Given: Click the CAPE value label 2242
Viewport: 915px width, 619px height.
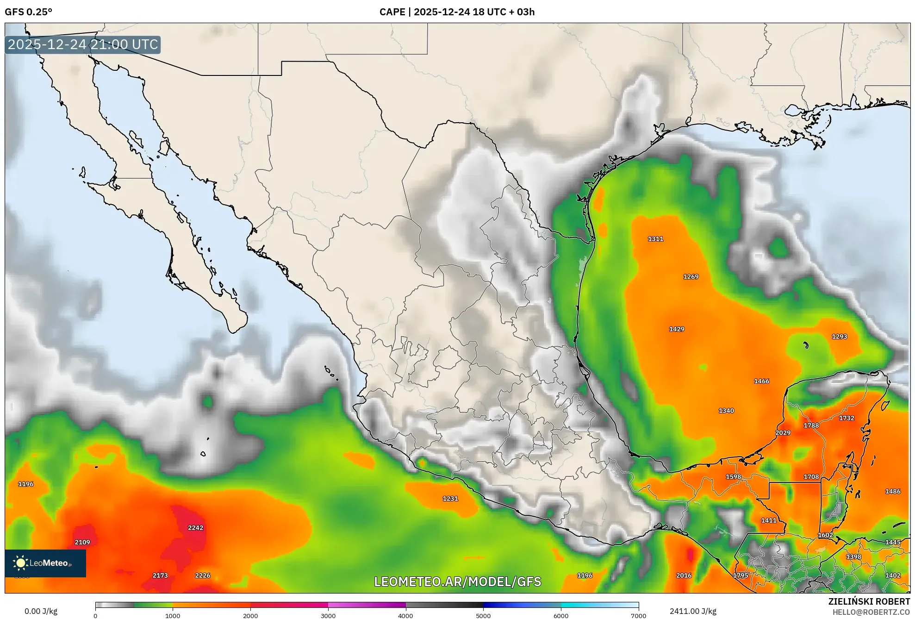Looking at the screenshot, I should (x=195, y=528).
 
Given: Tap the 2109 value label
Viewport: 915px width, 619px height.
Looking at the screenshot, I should (x=82, y=542).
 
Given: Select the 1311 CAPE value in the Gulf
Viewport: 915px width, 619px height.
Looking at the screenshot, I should (x=655, y=239).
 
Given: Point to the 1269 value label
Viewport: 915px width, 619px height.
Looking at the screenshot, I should (x=691, y=277).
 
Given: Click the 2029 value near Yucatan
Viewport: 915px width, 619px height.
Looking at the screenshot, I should (x=783, y=433).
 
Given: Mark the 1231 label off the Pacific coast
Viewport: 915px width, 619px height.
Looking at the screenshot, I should (x=450, y=499).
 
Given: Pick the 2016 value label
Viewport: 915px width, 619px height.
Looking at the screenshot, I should (x=684, y=575).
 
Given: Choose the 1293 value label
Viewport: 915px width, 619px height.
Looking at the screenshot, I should (x=839, y=337).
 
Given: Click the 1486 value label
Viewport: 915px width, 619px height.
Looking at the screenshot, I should (x=892, y=491).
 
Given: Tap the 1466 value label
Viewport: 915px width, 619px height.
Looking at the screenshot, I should (x=761, y=381).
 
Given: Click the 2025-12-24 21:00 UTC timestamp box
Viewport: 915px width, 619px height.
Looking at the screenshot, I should (x=83, y=44).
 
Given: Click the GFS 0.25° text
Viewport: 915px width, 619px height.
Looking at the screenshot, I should (x=28, y=12).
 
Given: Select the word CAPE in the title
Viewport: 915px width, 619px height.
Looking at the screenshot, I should (x=392, y=12).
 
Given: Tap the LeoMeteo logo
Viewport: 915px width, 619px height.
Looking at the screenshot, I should (x=45, y=563).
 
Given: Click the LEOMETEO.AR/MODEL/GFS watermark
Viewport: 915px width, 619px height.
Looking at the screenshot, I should (x=457, y=581).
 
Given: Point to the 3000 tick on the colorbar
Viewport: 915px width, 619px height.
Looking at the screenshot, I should (x=328, y=615).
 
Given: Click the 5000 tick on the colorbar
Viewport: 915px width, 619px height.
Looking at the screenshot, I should (x=483, y=615).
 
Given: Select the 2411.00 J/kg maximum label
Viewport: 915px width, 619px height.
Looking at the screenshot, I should (x=692, y=611).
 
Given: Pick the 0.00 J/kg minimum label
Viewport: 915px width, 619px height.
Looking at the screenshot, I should (x=41, y=611).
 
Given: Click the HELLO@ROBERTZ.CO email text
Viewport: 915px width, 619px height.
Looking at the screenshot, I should (x=871, y=612).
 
